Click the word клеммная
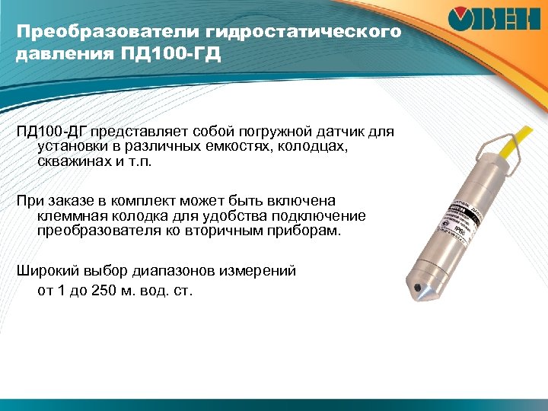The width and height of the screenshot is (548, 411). [x=74, y=215]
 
